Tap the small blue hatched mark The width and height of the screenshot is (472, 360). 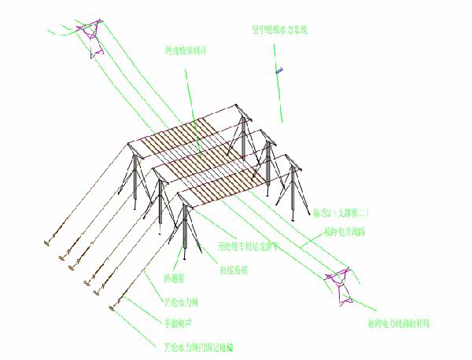pyautogui.click(x=279, y=72)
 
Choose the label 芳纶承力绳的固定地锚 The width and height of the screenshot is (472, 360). pyautogui.click(x=197, y=346)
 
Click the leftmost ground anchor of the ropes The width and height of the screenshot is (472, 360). pyautogui.click(x=49, y=236)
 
